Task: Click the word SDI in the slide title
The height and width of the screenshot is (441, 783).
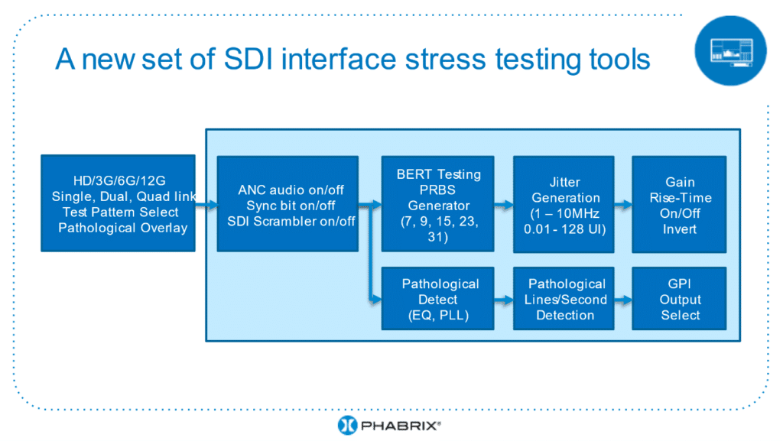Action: click(249, 59)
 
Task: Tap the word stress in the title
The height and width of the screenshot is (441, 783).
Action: click(446, 59)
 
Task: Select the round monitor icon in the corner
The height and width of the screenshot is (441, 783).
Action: click(730, 51)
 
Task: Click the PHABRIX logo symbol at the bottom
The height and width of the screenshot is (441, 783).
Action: click(348, 425)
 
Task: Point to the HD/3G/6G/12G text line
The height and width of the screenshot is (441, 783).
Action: click(119, 180)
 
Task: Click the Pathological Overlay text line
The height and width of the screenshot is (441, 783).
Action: click(123, 228)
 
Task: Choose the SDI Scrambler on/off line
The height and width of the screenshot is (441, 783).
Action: click(291, 221)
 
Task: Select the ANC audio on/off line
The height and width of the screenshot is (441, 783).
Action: click(291, 190)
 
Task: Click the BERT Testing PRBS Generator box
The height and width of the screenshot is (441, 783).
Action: click(438, 204)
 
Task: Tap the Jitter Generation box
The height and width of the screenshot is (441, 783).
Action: click(564, 205)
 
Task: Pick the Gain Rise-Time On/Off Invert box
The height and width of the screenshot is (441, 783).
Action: click(679, 205)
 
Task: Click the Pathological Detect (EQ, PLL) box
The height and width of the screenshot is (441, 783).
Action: click(438, 298)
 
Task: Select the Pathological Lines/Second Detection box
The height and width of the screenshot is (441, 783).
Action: click(564, 298)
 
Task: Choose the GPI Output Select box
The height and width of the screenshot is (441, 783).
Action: click(679, 298)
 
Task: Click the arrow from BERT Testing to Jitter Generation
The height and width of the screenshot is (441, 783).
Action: click(504, 205)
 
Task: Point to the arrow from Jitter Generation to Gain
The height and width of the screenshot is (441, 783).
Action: click(623, 205)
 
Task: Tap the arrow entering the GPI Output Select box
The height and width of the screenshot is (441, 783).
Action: click(623, 300)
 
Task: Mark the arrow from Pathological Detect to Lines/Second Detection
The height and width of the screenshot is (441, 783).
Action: click(504, 300)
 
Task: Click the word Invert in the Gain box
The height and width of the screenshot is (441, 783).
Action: click(680, 229)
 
